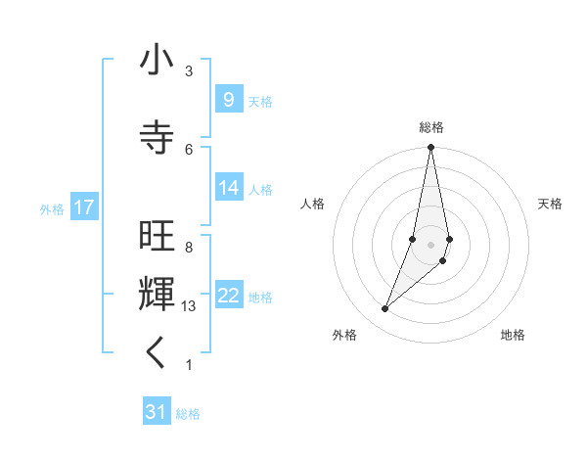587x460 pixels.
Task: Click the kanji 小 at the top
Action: click(157, 61)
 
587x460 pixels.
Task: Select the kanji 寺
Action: click(157, 137)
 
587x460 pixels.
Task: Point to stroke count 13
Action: click(190, 306)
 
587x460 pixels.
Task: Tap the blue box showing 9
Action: click(228, 99)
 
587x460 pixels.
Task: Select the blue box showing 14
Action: click(228, 188)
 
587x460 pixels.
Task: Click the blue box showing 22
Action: click(228, 296)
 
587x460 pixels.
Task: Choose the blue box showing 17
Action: click(83, 207)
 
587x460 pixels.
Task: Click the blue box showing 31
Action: click(157, 412)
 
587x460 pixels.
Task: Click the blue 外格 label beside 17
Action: click(52, 208)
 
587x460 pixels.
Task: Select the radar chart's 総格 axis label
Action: click(431, 127)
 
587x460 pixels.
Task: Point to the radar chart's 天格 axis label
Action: click(550, 204)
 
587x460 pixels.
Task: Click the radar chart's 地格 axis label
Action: click(513, 335)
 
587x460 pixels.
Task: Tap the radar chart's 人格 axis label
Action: click(312, 204)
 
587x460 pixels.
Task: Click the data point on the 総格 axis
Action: click(430, 148)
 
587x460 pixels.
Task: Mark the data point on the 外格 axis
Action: click(384, 308)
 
